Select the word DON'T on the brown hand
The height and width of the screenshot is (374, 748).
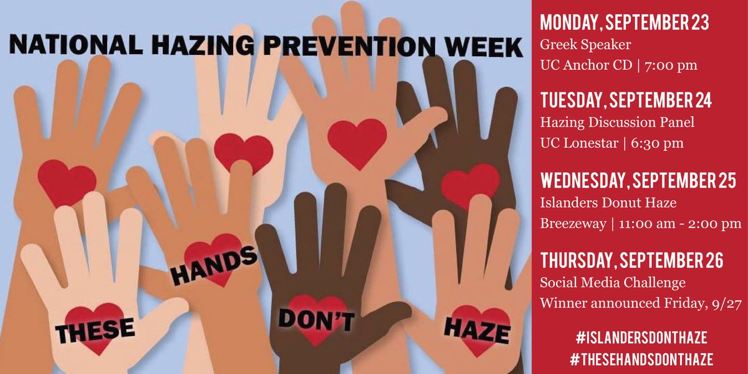coord(316,319)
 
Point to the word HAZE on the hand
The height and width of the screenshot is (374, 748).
coord(476,326)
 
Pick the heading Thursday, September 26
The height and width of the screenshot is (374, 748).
coord(631,261)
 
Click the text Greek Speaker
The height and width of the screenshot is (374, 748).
coord(576,45)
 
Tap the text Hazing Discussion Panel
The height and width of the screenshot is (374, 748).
coord(617,123)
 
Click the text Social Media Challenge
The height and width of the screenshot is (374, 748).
coord(613,282)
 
